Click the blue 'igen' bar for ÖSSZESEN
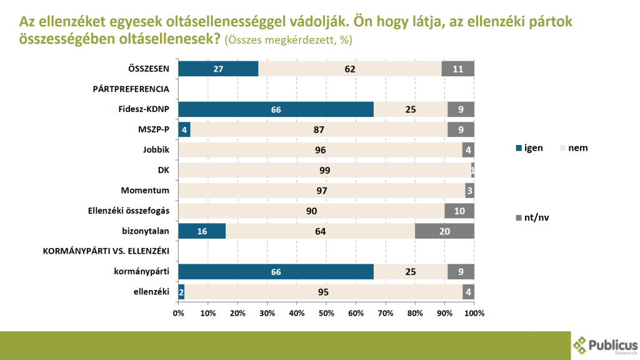pyautogui.click(x=218, y=69)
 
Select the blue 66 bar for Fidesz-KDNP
pyautogui.click(x=276, y=109)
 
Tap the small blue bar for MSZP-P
pyautogui.click(x=184, y=129)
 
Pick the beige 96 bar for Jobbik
pyautogui.click(x=320, y=150)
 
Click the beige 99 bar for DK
pyautogui.click(x=324, y=170)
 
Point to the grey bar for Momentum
pyautogui.click(x=470, y=190)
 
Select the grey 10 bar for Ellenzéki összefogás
pyautogui.click(x=459, y=211)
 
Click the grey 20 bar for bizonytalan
pyautogui.click(x=444, y=231)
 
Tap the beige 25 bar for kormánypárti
pyautogui.click(x=411, y=271)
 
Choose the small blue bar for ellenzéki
pyautogui.click(x=181, y=291)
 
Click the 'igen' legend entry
pyautogui.click(x=529, y=148)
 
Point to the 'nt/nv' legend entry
pyautogui.click(x=531, y=217)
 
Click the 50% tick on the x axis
pyautogui.click(x=326, y=312)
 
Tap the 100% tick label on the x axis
pyautogui.click(x=474, y=312)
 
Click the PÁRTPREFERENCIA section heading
pyautogui.click(x=131, y=89)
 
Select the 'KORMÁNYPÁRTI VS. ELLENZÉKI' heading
pyautogui.click(x=106, y=251)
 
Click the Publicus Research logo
pyautogui.click(x=605, y=345)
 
